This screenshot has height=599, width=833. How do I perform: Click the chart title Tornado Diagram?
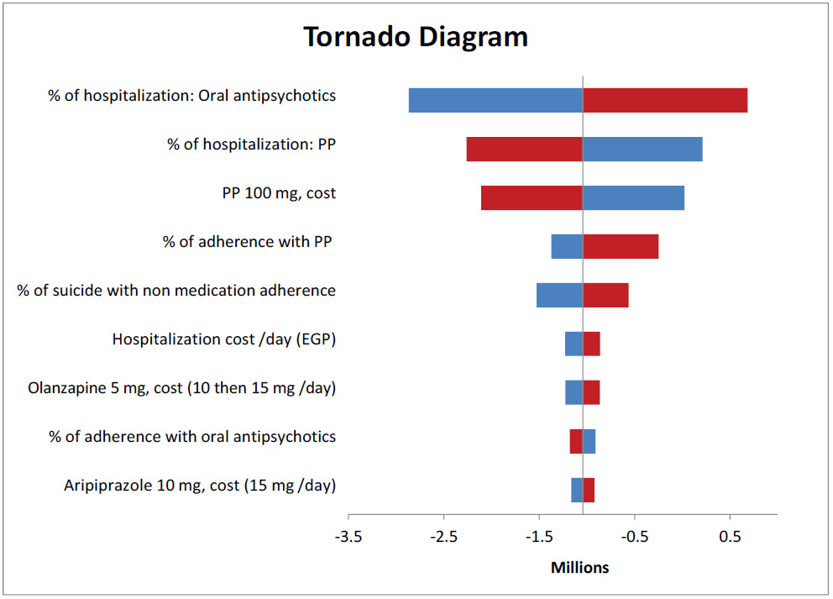click(416, 38)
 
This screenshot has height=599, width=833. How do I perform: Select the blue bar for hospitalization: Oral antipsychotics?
click(495, 100)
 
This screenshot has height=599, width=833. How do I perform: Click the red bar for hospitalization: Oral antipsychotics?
click(665, 100)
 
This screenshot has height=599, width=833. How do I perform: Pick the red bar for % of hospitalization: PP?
click(524, 149)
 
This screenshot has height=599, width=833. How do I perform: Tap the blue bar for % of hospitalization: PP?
click(642, 149)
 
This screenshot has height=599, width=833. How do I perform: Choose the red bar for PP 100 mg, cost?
click(532, 197)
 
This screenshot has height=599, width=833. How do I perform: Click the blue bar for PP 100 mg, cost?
click(633, 197)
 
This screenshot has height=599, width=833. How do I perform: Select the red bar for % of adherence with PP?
click(621, 246)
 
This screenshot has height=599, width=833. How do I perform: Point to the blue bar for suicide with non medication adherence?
click(559, 295)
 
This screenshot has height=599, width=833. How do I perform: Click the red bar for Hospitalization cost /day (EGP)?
click(591, 344)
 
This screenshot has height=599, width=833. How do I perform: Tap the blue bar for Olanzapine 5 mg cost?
click(574, 392)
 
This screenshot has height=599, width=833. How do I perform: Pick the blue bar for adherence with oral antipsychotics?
click(589, 441)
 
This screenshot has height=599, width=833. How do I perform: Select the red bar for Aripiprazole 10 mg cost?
click(589, 490)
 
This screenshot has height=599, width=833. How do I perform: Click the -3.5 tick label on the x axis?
click(348, 538)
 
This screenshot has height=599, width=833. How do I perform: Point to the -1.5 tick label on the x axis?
click(538, 538)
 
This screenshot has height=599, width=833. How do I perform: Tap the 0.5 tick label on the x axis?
click(729, 538)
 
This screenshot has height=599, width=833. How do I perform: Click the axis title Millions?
click(579, 568)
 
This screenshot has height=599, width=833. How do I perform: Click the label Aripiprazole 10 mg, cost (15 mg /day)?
click(200, 486)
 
